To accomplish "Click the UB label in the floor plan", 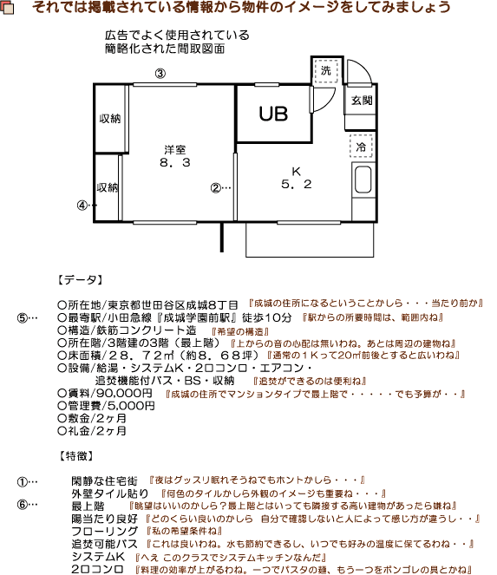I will [272, 114].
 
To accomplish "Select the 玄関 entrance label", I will [362, 101].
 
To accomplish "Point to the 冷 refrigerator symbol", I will [362, 146].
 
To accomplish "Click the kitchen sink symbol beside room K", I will [363, 183].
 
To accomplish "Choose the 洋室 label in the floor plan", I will [174, 148].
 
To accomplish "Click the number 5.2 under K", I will [295, 184].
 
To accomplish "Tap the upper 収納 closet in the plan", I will [108, 118].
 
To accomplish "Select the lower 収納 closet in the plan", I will [108, 186].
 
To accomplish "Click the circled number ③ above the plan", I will [160, 73].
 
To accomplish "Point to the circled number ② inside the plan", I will [216, 186].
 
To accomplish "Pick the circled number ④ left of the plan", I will [82, 206].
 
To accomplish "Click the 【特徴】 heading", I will [79, 455].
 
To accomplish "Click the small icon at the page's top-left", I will [9, 8].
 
